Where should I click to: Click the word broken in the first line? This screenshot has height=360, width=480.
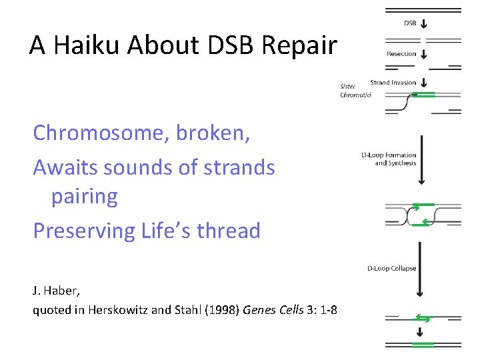(x=213, y=133)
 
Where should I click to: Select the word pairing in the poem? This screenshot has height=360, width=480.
(x=85, y=197)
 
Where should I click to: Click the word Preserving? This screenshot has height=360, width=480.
(x=84, y=230)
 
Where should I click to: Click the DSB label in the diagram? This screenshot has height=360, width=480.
(x=410, y=23)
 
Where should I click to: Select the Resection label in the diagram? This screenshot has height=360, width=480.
(x=401, y=54)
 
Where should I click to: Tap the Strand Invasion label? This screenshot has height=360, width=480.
(x=393, y=83)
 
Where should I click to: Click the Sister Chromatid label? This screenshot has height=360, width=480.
(x=355, y=91)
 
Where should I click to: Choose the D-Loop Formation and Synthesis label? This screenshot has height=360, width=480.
(x=389, y=159)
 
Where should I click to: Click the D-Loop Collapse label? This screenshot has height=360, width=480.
(x=392, y=269)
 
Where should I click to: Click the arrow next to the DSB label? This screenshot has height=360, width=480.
(x=425, y=24)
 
